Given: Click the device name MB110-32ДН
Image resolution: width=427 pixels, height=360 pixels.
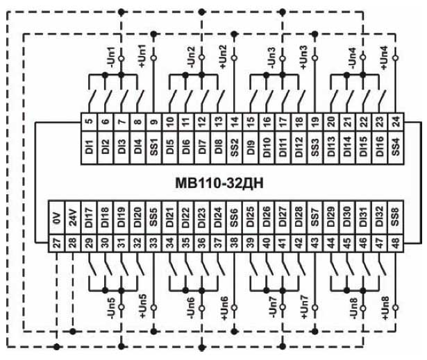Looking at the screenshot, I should click(x=220, y=183).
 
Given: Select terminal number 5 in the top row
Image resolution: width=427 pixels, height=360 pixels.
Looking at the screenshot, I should click(x=88, y=121).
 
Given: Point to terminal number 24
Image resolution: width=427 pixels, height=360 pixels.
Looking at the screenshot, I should click(x=396, y=121).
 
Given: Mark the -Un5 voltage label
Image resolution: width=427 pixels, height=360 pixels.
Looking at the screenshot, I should click(x=110, y=308).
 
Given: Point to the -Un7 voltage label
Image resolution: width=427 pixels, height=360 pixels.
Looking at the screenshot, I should click(x=271, y=308).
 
